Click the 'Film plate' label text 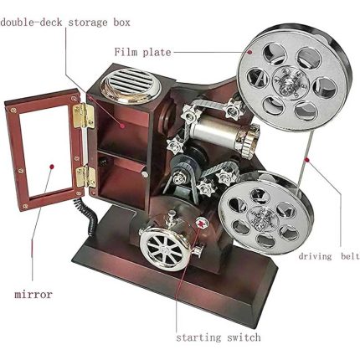142,52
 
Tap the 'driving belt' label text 329,256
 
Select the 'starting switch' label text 219,337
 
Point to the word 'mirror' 33,295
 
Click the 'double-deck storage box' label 65,23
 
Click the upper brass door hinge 83,116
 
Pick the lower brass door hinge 85,177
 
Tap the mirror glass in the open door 44,150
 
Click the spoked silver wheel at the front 165,247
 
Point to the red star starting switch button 200,224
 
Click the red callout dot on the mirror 51,167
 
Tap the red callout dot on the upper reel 250,52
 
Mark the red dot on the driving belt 307,160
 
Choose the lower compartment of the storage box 123,182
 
